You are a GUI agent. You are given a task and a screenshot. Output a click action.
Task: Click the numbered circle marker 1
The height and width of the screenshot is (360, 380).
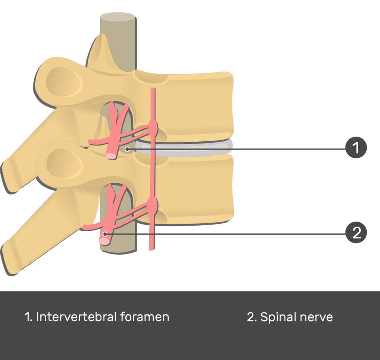coord(356,147)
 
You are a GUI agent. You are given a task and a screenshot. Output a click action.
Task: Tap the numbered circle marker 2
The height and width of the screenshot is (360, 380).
coord(356,233)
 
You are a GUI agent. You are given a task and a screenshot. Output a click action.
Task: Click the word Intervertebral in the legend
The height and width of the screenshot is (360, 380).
coord(76,317)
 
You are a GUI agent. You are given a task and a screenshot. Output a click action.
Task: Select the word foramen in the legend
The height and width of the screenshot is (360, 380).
coord(145,317)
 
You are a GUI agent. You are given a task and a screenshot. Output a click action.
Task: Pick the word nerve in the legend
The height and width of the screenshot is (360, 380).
coord(315,317)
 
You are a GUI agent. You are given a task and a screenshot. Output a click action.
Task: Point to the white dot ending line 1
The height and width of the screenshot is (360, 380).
coord(127,149)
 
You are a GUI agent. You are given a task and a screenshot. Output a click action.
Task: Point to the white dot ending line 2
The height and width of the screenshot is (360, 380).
coord(105,234)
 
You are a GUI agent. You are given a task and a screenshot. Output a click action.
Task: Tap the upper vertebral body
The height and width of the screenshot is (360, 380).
coord(197,108)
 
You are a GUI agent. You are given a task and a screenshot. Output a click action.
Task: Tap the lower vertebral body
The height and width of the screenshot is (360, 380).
coord(197,189)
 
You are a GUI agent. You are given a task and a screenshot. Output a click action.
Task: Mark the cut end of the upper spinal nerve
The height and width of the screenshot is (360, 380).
coord(111,156)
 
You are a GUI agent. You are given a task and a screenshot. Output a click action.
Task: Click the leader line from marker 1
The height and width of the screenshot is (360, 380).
coord(241,149)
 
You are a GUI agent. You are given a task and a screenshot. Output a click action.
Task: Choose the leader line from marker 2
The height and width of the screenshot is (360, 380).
coord(230,234)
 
